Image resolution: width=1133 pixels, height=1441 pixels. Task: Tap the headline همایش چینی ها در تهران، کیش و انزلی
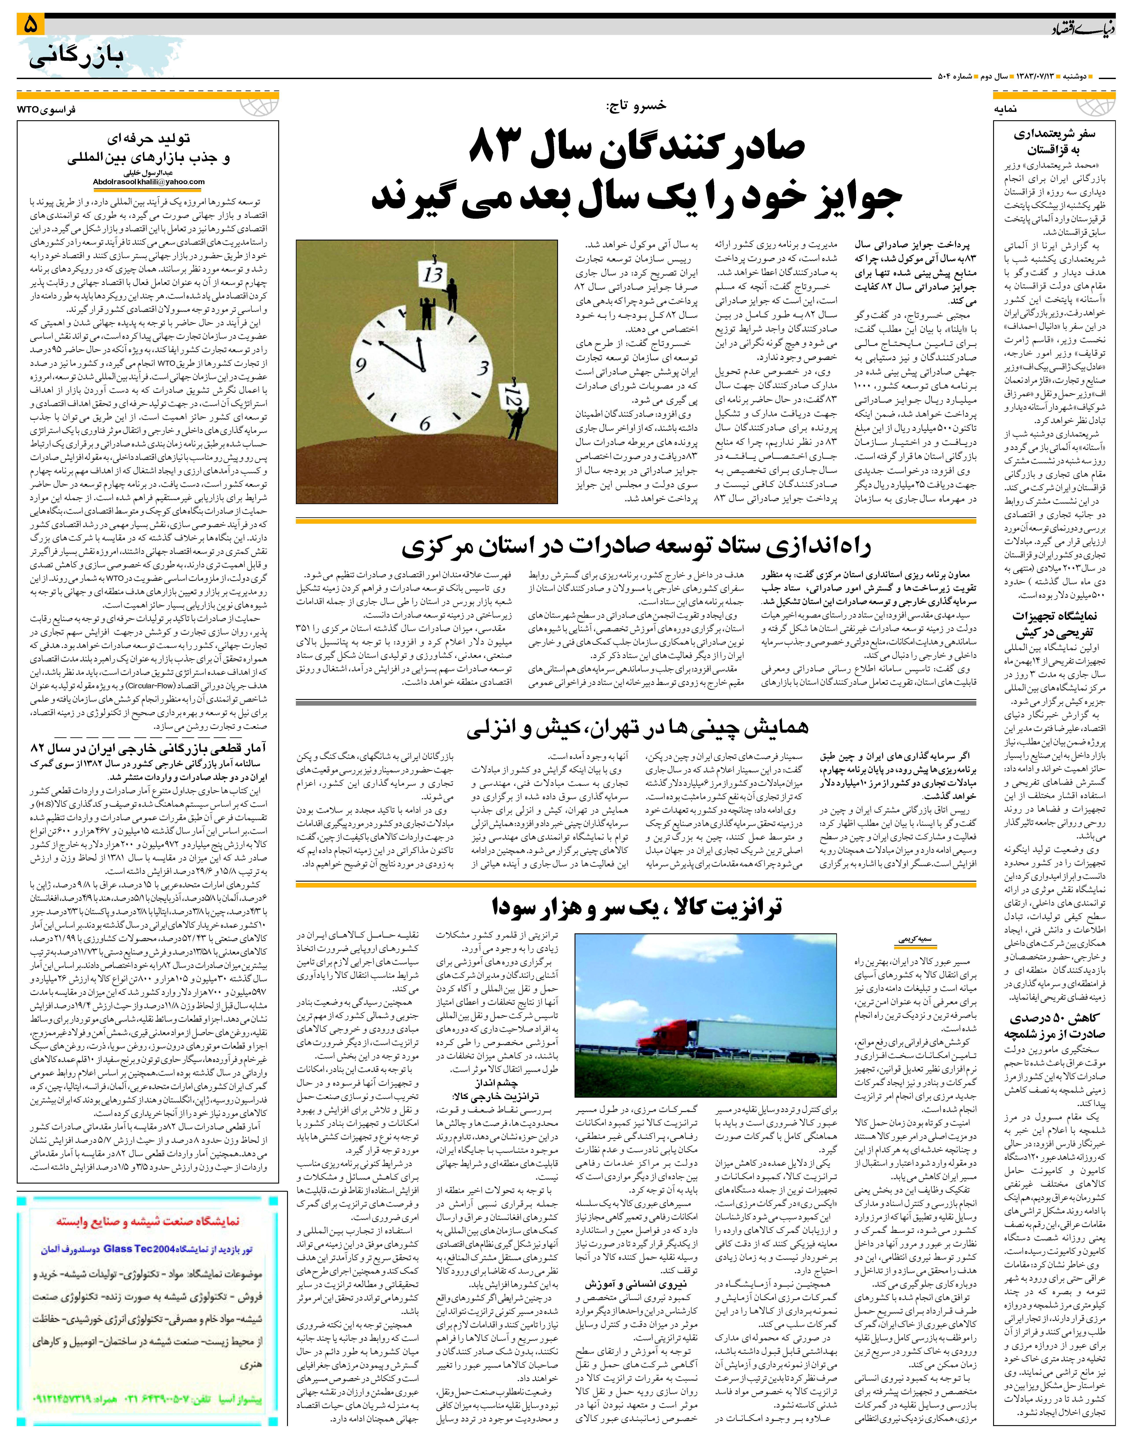[637, 728]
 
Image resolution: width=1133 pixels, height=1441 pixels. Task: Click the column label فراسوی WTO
[46, 109]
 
